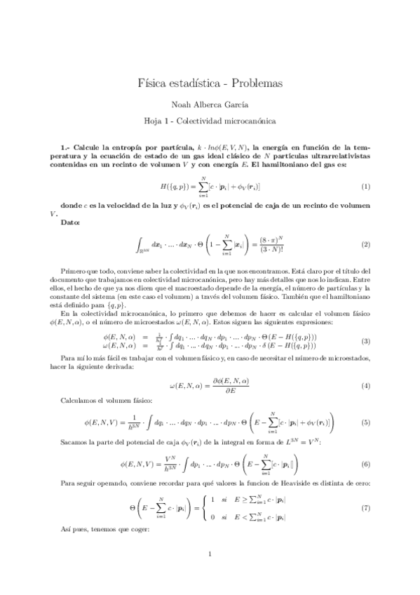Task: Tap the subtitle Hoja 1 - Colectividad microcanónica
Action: (x=210, y=121)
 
